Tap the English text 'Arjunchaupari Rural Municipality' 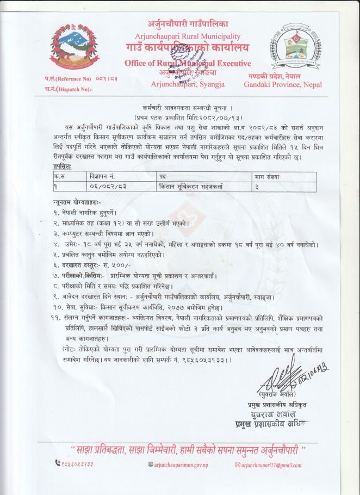(188, 36)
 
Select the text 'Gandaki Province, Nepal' (283, 84)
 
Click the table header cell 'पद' (163, 177)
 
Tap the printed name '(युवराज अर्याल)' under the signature (277, 393)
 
